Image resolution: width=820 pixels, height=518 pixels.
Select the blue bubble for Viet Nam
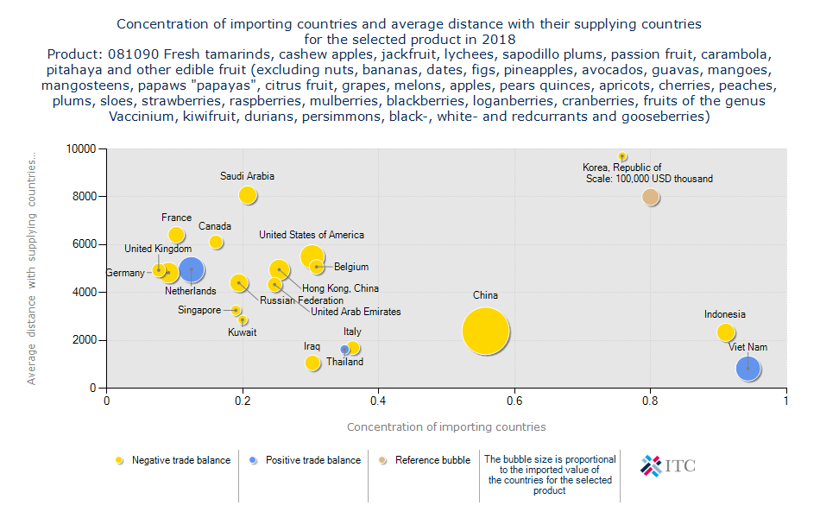[x=748, y=369]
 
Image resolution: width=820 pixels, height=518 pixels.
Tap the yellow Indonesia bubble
[x=726, y=332]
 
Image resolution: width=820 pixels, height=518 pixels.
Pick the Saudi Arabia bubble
[x=248, y=195]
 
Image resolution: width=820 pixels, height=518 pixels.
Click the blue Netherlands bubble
[x=191, y=270]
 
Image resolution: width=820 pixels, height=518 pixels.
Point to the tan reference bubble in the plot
[x=651, y=197]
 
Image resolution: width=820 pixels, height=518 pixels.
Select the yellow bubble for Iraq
[x=312, y=363]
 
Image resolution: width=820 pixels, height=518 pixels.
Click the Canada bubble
[x=216, y=243]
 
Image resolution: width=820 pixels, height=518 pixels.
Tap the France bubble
[x=176, y=235]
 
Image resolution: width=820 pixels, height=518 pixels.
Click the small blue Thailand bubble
[x=344, y=350]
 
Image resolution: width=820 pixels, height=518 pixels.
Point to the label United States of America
[x=312, y=235]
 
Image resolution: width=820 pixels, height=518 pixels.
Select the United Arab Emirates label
[x=356, y=312]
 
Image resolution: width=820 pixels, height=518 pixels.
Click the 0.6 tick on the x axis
[x=514, y=401]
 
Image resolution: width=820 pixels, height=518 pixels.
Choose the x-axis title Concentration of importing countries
[x=446, y=427]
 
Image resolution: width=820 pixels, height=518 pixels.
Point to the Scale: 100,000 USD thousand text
[x=649, y=179]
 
